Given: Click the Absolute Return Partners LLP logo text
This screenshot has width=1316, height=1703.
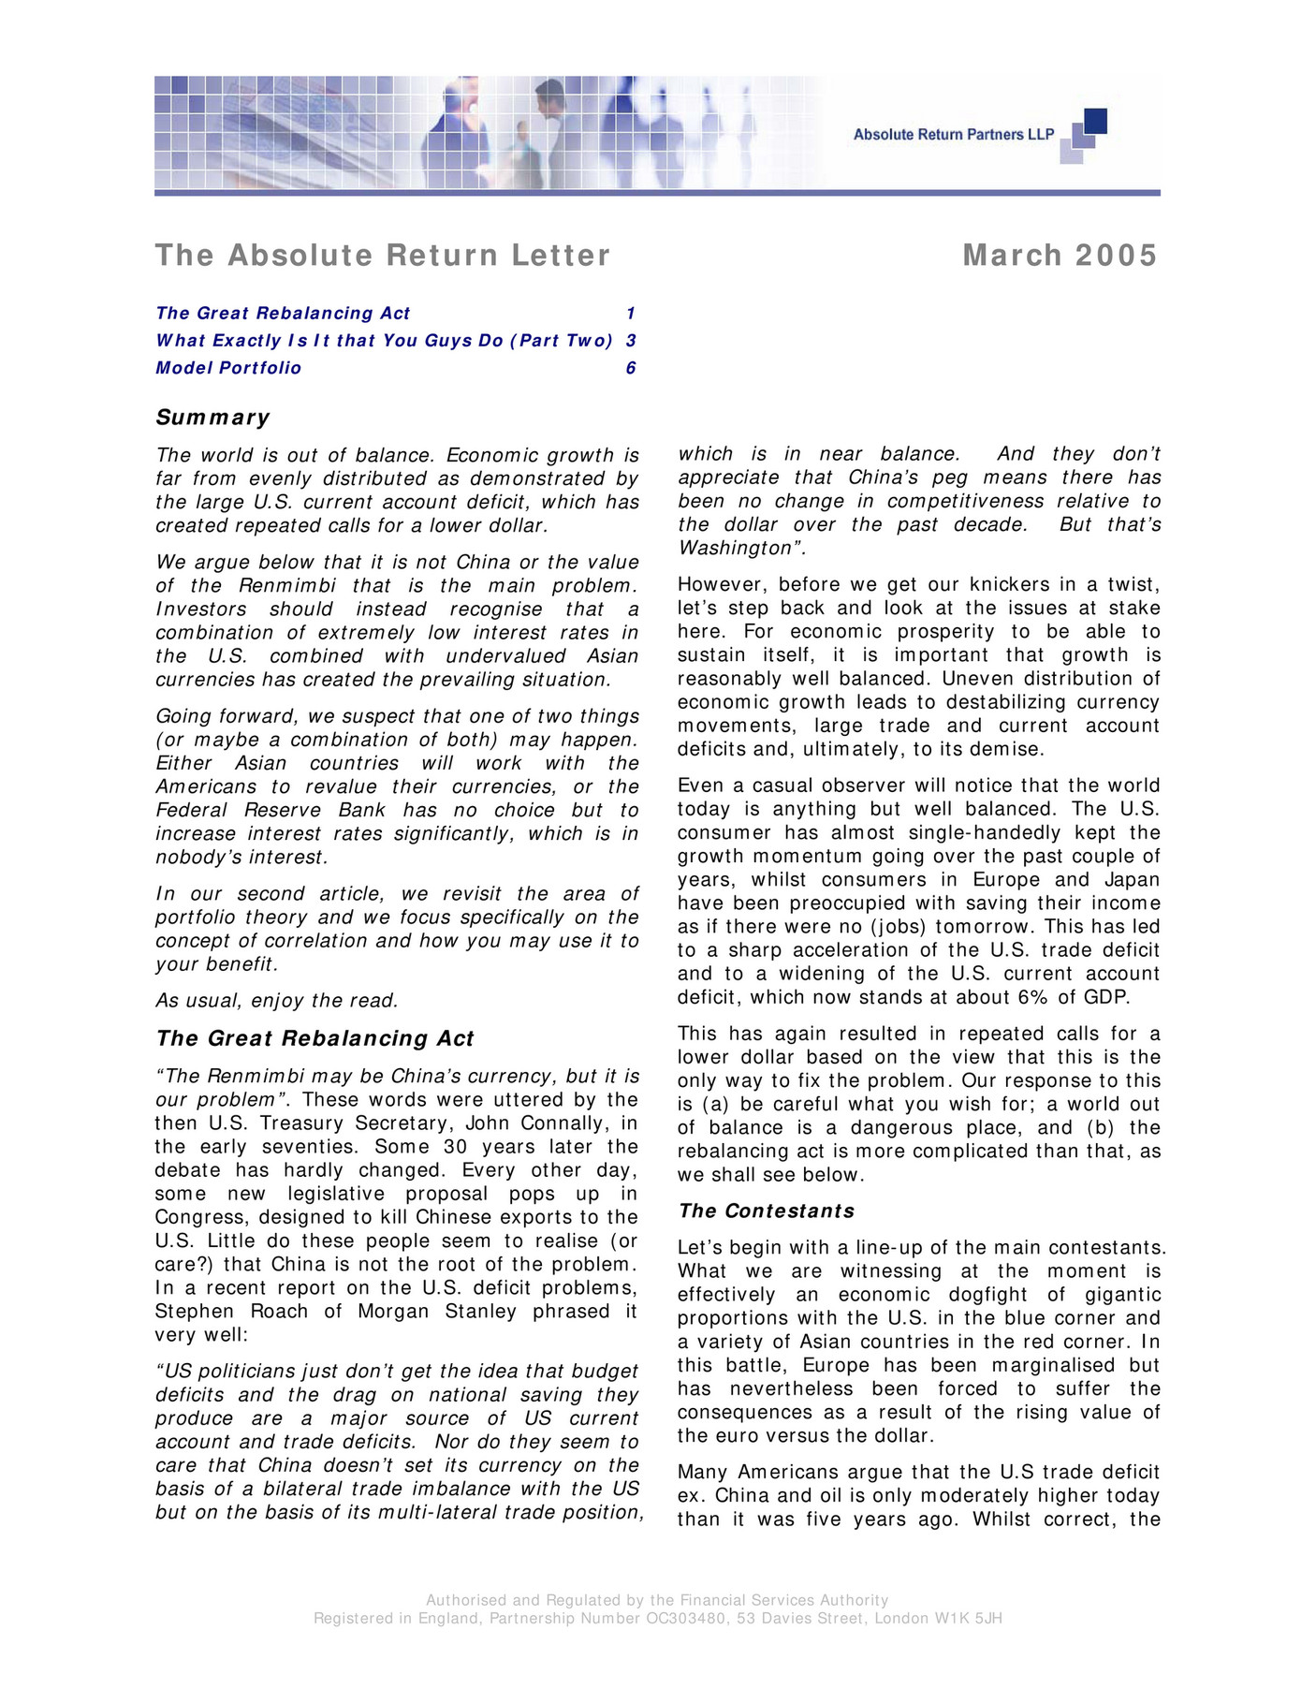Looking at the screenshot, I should click(953, 135).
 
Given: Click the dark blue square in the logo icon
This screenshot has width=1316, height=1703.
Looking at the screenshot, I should click(1095, 121).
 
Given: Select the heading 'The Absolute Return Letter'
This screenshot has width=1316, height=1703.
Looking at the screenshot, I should click(382, 256).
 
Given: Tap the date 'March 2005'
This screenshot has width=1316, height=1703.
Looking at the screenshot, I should click(1060, 256).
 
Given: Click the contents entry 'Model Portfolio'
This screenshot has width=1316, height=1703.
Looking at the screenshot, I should click(228, 368).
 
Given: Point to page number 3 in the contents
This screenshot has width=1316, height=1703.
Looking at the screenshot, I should click(631, 341).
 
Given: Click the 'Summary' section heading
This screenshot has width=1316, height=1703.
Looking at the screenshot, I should click(212, 418).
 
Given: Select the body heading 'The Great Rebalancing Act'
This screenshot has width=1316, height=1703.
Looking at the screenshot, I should click(314, 1038).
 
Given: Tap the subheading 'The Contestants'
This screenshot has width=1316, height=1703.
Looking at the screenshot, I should click(767, 1211).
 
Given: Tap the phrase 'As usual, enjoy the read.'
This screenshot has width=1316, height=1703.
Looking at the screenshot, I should click(277, 1001).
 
